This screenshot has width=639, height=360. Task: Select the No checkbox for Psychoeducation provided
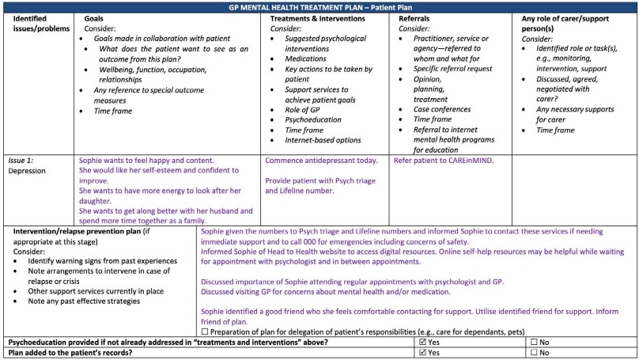535,342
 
